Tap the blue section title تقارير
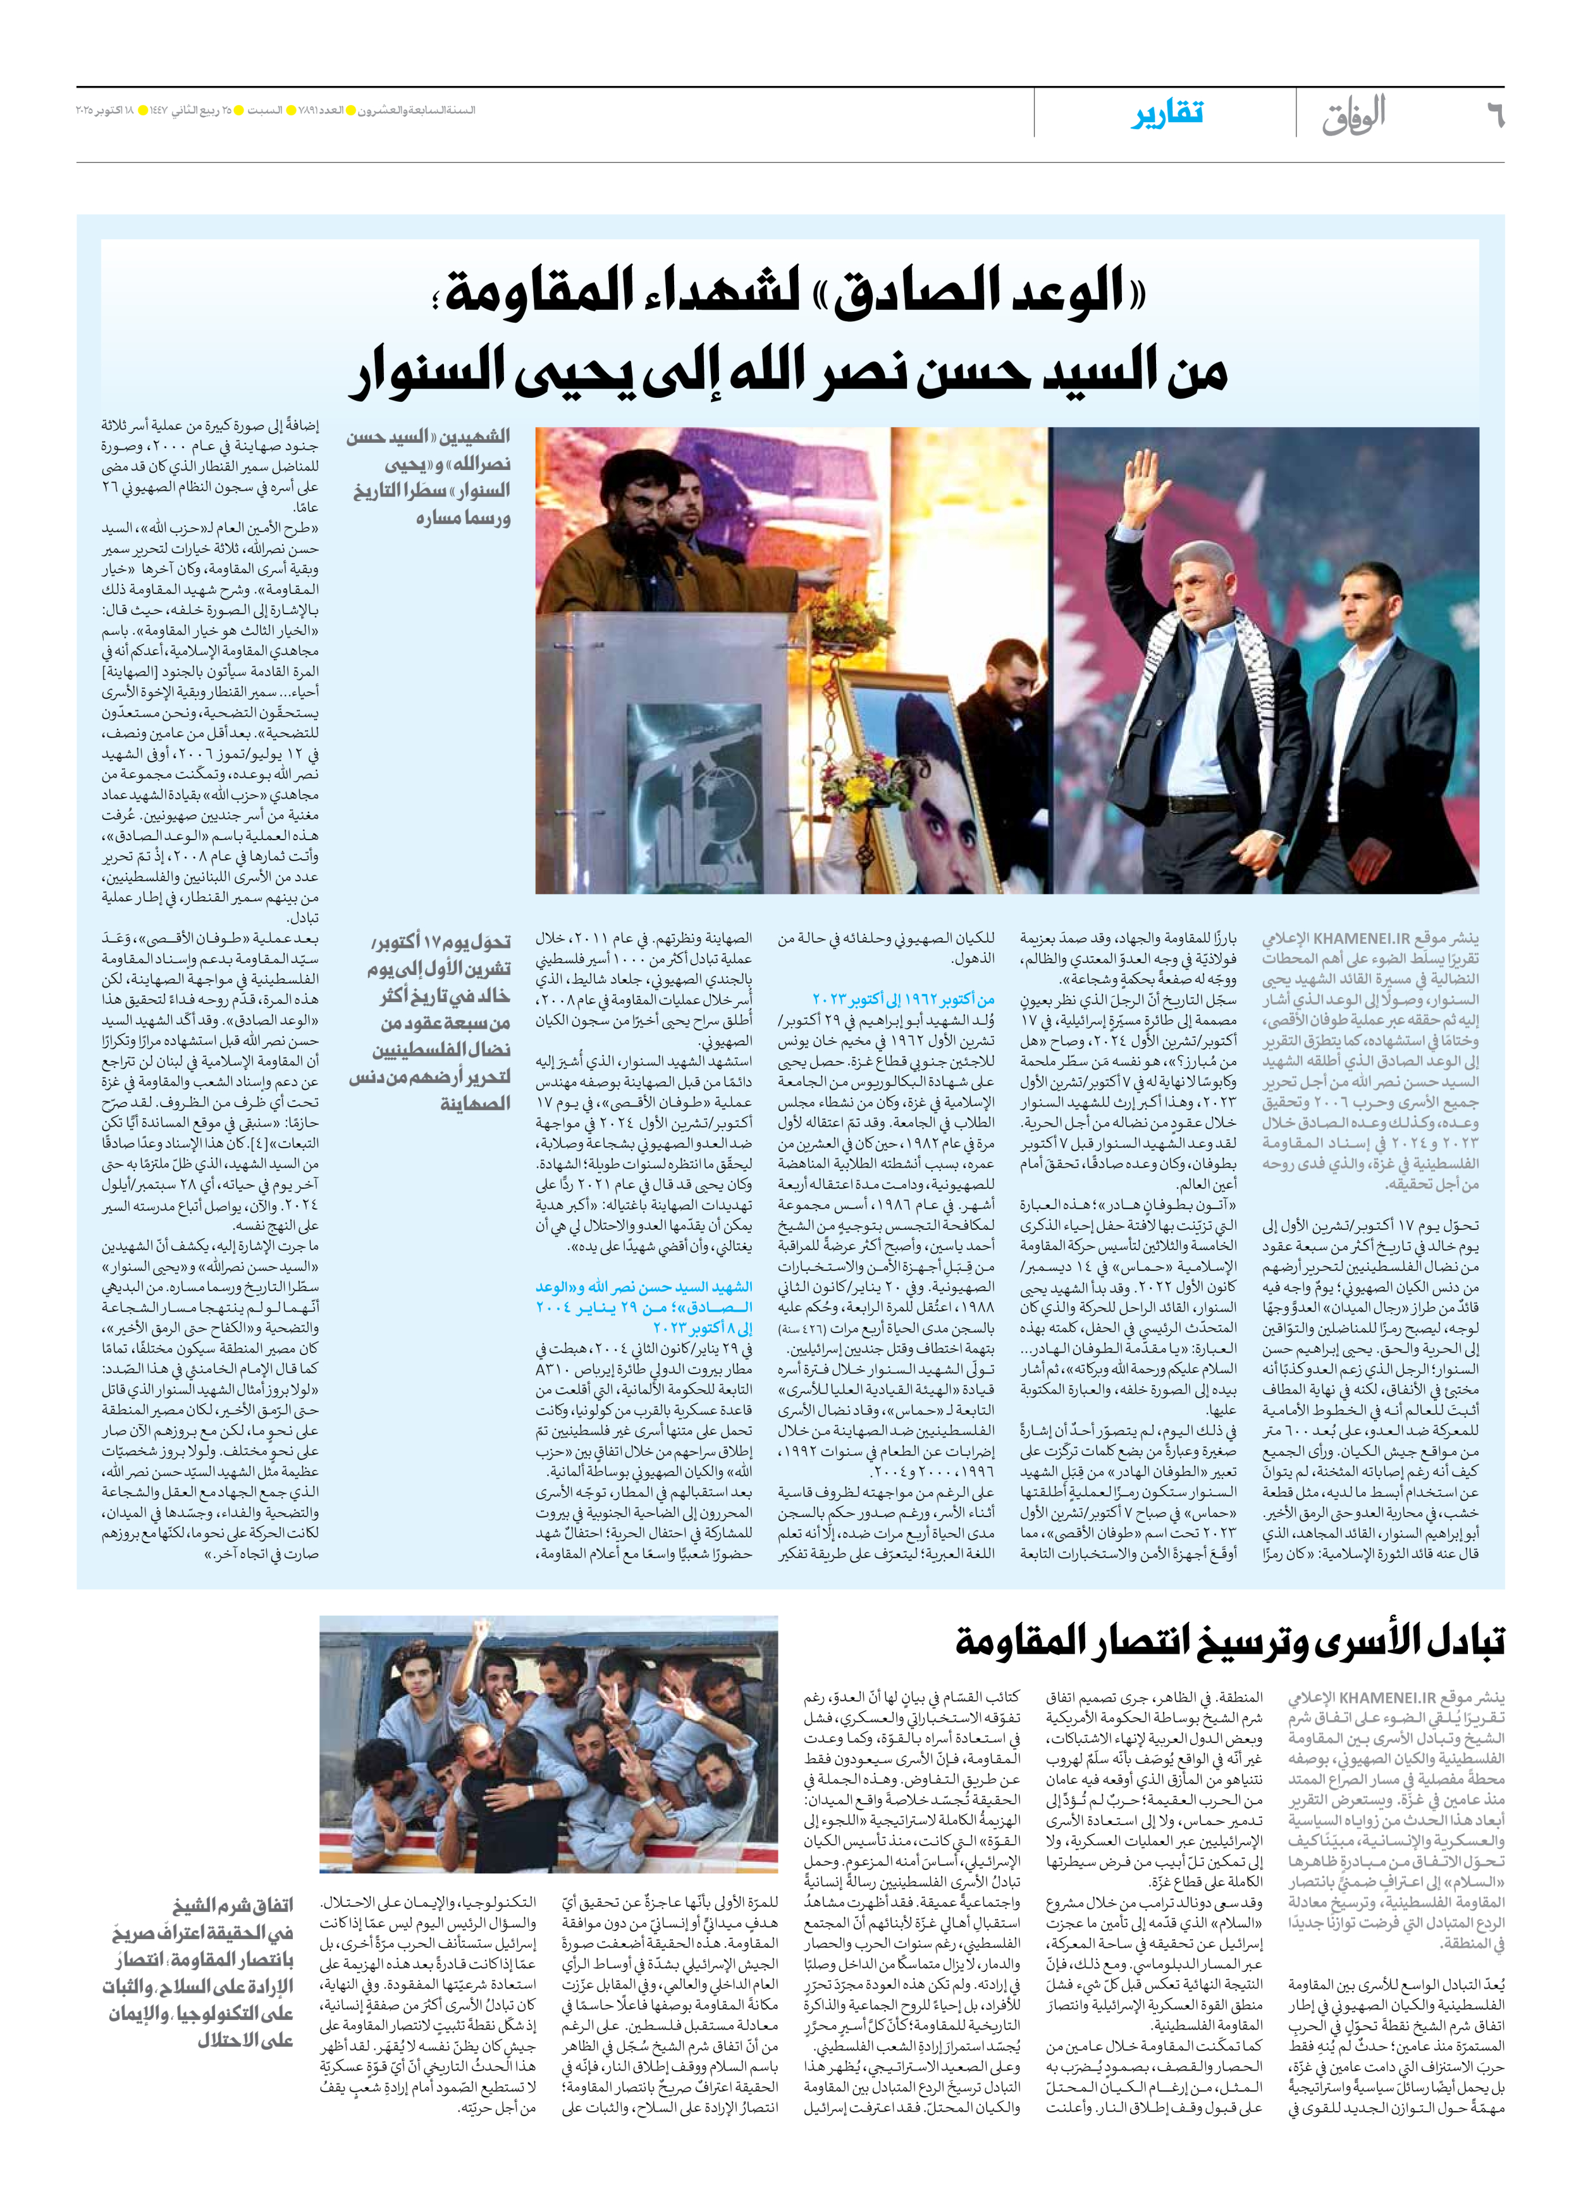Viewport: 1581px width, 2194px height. tap(1167, 114)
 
